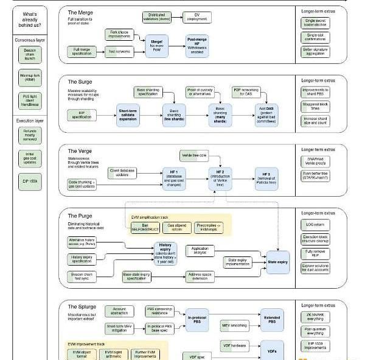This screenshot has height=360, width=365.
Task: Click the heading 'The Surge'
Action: point(80,82)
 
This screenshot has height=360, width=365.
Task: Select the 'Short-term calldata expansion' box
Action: point(128,113)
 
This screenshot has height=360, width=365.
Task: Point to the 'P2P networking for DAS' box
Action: point(248,92)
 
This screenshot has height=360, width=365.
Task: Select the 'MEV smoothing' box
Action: point(231,325)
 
